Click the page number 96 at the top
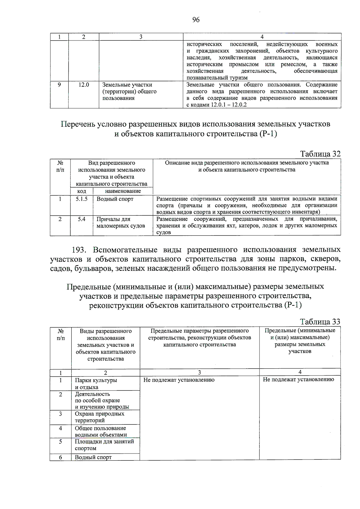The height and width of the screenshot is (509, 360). coord(196,20)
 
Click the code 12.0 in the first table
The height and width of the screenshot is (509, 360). coord(84,85)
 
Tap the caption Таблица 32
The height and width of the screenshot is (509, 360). coord(320,154)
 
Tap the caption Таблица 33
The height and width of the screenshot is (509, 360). coord(320,322)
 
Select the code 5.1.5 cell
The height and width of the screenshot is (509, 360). coord(82,199)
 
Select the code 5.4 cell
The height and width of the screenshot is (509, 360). coord(82,219)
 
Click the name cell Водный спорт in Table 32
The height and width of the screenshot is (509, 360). coord(115,199)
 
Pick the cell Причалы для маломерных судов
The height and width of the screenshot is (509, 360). coord(121,223)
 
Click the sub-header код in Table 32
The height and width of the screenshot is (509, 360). coord(82,191)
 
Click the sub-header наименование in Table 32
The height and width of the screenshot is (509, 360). coord(123,191)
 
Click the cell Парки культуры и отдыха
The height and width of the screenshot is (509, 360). coord(96,384)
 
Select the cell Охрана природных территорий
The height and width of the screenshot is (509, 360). coord(99,417)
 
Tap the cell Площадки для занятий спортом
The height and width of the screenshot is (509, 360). coord(104,445)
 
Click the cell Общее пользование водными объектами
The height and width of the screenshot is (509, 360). coord(101,431)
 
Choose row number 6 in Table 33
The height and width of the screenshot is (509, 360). coord(61,457)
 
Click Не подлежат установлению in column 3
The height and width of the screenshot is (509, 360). coord(179,380)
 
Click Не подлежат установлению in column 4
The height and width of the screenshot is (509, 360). coord(298,380)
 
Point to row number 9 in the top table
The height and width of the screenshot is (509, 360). coord(59,85)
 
